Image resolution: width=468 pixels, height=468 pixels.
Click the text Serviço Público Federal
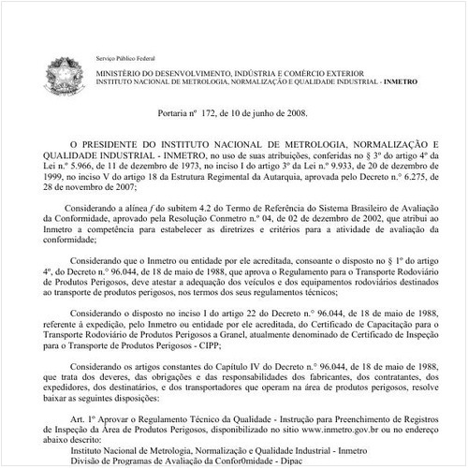(x=126, y=57)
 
